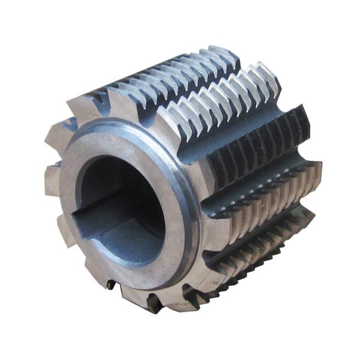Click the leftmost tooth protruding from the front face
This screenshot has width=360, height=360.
pos(53,180)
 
